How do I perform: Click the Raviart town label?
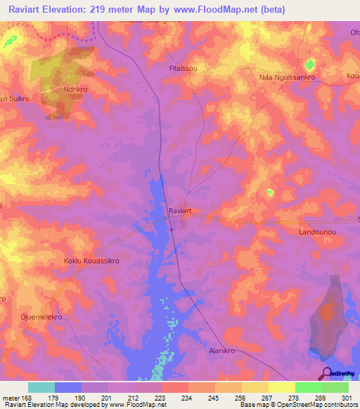[181, 210]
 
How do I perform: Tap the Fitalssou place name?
[184, 69]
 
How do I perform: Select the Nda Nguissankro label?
[288, 77]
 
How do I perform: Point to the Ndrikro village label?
[77, 90]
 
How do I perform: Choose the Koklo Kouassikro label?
[90, 260]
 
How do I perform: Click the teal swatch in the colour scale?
[41, 387]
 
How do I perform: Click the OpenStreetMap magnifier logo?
[327, 372]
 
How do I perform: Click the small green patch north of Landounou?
[270, 192]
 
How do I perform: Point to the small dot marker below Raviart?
[171, 228]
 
